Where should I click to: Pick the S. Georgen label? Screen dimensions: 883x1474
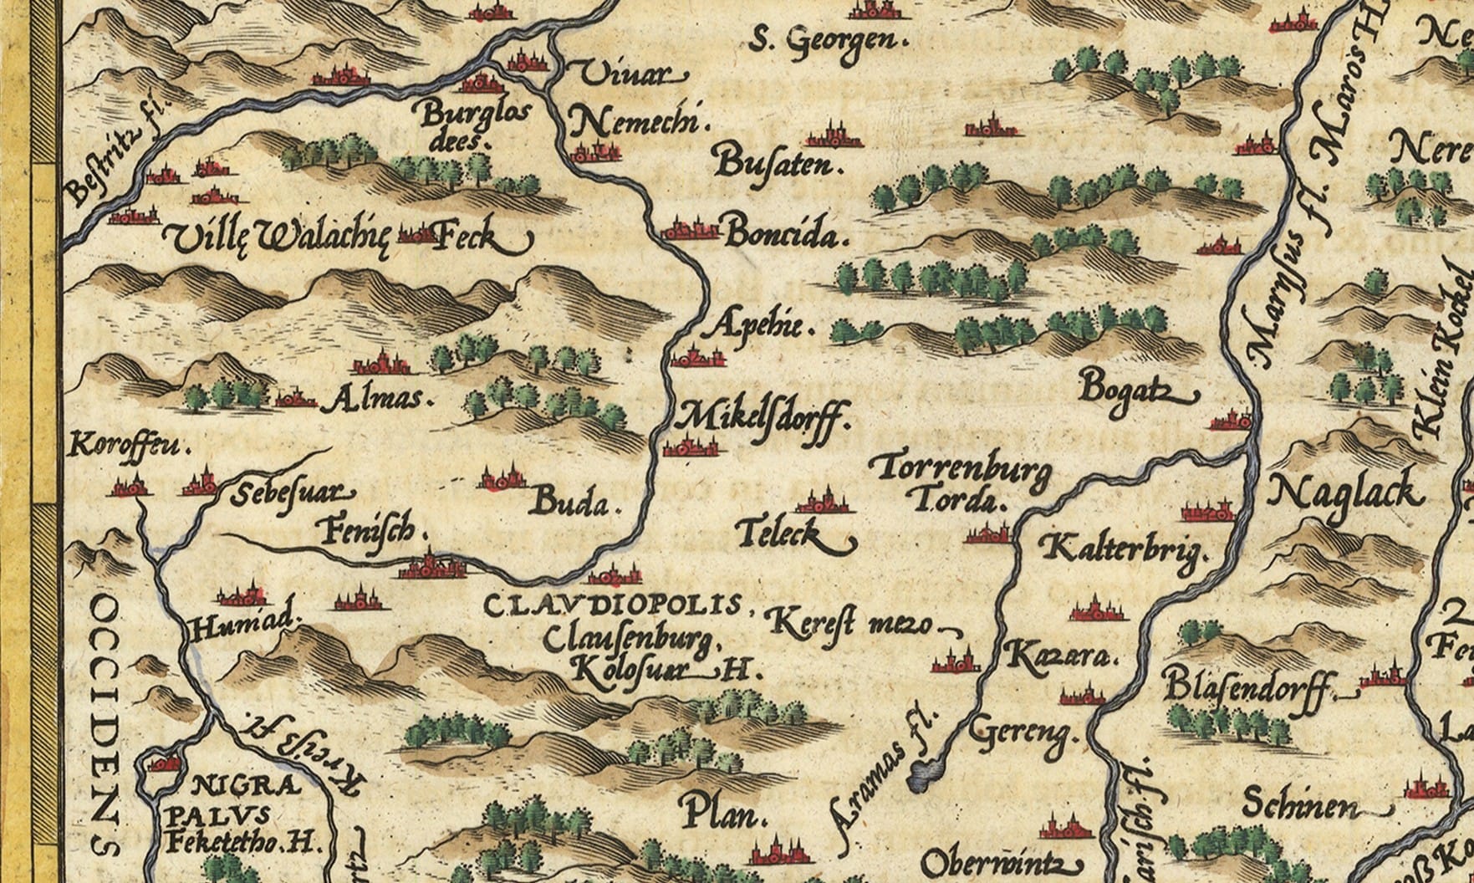[826, 41]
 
